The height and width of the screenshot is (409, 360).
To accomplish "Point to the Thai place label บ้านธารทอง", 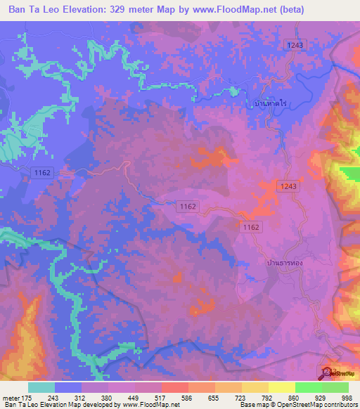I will [285, 261].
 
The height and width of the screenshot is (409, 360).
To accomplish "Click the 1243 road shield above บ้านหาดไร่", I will [296, 45].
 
